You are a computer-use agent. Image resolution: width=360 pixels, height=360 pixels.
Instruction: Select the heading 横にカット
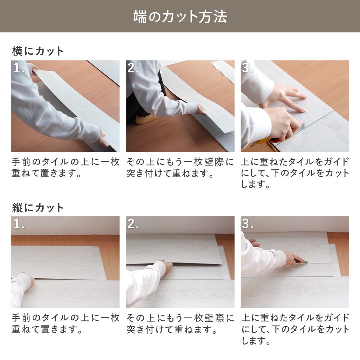point(38,51)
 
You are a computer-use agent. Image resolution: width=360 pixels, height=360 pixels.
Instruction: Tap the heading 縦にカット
point(38,207)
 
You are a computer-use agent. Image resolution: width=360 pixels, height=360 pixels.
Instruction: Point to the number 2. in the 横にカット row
point(133,68)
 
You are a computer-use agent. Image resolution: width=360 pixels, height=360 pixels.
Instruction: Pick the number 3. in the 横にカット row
point(248,68)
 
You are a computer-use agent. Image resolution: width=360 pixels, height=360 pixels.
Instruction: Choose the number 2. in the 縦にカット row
point(133,224)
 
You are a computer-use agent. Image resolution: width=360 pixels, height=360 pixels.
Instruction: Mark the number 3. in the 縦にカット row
point(248,224)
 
